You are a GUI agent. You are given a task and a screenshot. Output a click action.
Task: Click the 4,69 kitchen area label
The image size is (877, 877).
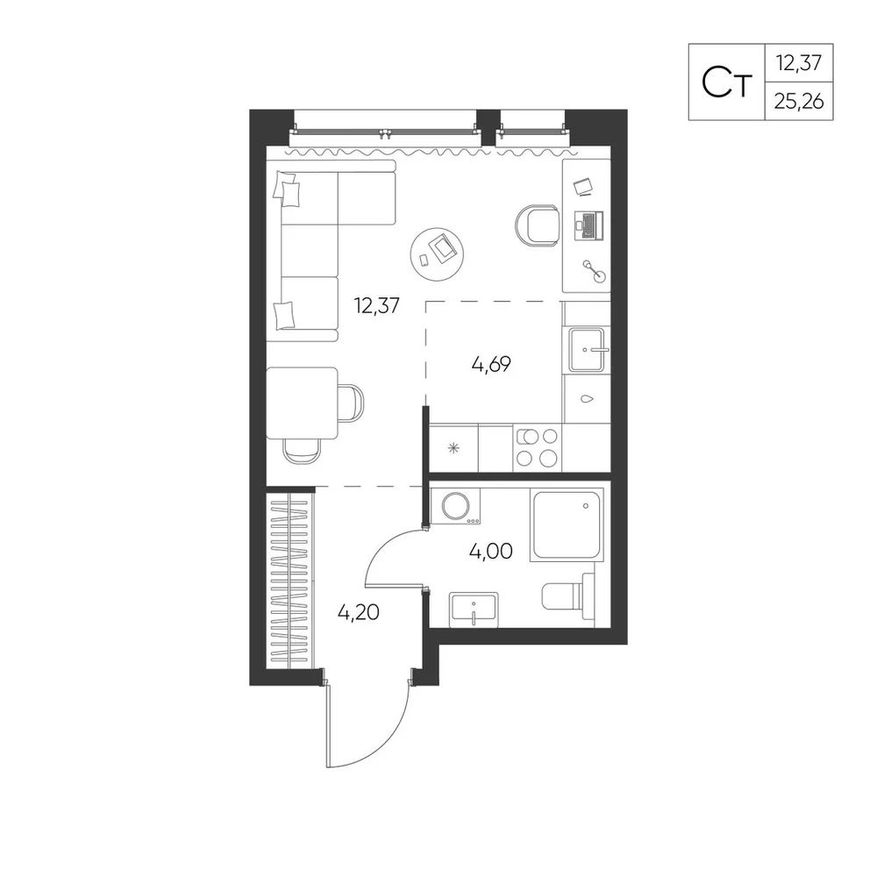491,365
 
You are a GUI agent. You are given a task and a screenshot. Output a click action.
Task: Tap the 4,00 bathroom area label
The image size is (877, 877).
491,552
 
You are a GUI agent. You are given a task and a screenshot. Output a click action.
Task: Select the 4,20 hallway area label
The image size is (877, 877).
359,612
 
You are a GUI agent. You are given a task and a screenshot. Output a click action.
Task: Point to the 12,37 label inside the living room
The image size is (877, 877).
376,305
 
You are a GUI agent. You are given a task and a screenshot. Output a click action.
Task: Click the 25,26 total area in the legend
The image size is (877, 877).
799,101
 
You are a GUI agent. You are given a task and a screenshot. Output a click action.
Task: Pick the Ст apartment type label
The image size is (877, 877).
726,82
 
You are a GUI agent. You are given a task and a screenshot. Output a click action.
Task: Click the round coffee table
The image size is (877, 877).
437,253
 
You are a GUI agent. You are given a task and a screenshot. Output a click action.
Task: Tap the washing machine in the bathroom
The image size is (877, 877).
456,507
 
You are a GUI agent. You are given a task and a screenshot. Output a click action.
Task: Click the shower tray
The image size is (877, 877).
567,524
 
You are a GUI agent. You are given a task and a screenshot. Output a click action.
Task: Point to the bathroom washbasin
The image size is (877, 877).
474,610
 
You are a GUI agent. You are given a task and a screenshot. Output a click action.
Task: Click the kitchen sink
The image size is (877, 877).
587,350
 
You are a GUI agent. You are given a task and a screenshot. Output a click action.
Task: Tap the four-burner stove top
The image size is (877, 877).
537,447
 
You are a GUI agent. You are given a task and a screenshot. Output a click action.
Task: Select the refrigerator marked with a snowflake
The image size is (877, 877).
453,447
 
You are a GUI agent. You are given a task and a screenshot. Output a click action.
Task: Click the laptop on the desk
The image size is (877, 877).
588,225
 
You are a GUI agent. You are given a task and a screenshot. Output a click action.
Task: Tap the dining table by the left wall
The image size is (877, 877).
302,403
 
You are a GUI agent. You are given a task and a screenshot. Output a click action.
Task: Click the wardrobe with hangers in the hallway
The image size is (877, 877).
289,578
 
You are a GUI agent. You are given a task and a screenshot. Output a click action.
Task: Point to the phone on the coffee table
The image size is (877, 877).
424,260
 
